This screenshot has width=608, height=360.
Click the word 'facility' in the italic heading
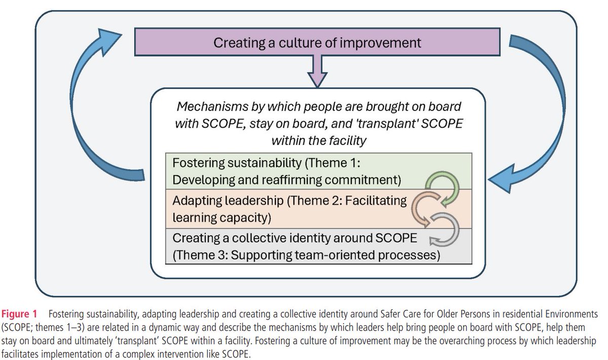coord(345,140)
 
